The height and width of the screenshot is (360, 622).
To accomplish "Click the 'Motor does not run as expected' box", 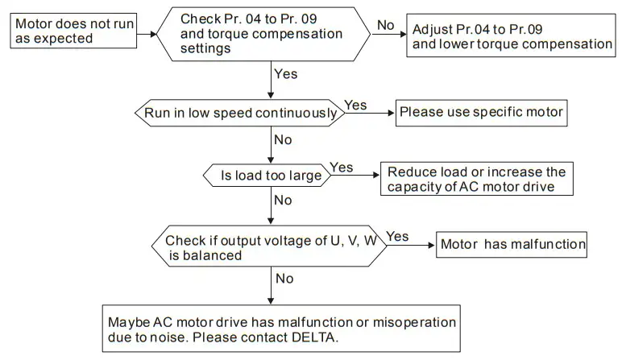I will click(73, 31).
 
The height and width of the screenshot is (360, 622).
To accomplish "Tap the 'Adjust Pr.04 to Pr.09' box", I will click(512, 35).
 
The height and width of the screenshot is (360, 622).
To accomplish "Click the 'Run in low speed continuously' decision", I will click(239, 113).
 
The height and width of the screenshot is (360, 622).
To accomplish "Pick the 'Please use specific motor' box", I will click(480, 113).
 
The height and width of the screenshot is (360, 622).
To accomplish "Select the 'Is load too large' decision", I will click(265, 175).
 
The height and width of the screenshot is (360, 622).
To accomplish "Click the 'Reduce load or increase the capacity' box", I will click(476, 180).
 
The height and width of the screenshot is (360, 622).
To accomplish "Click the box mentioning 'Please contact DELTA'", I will click(282, 329).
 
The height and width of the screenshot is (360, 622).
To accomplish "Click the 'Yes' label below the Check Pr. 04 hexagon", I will click(286, 74).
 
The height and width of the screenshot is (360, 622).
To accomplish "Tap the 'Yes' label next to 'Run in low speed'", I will click(355, 106).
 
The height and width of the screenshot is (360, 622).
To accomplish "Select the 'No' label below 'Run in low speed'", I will click(283, 139).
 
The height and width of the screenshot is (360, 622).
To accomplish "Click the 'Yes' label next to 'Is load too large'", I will click(342, 168).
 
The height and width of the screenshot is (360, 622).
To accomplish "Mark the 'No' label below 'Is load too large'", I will click(283, 200).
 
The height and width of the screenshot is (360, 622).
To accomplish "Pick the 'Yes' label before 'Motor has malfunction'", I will click(397, 236).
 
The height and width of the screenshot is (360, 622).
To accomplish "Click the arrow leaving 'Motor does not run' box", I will click(145, 34).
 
